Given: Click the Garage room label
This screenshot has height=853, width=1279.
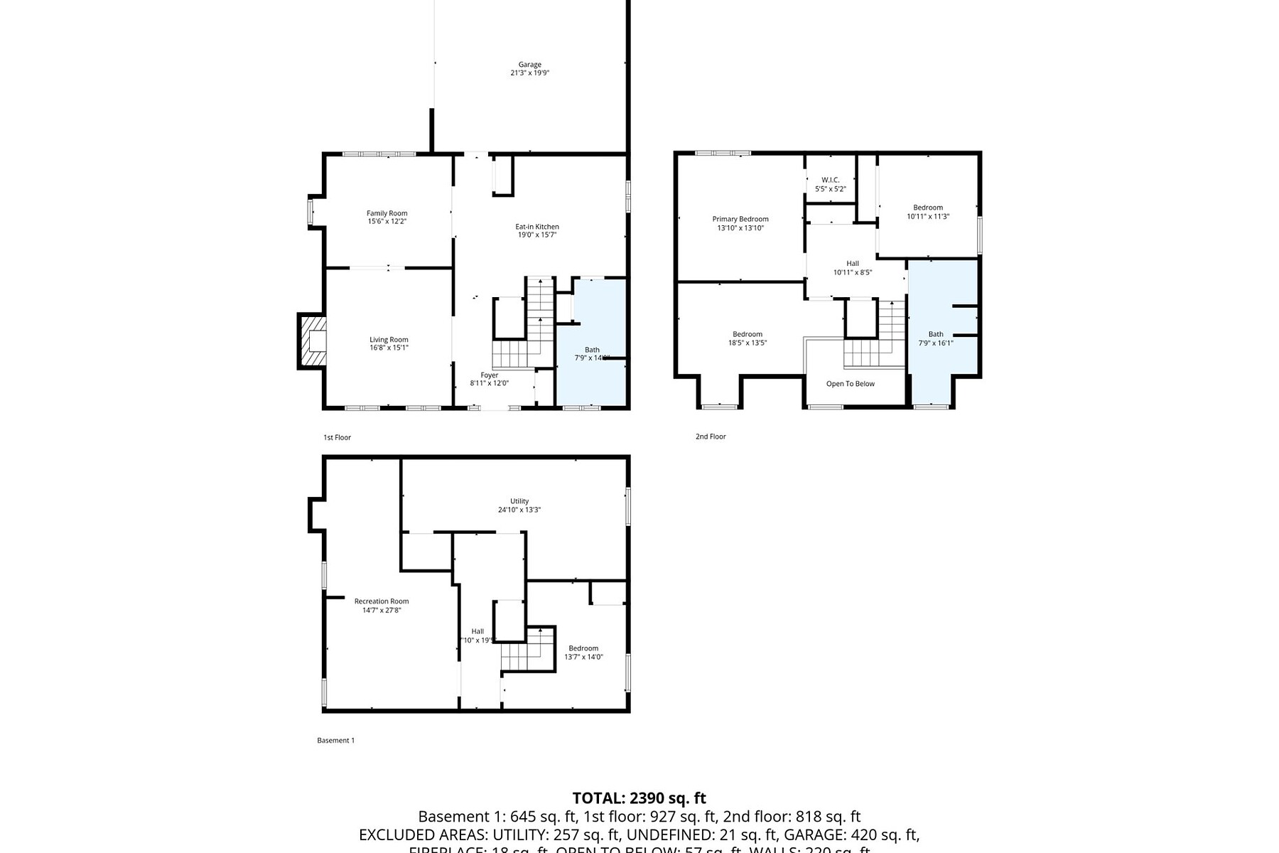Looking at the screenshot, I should pyautogui.click(x=529, y=65).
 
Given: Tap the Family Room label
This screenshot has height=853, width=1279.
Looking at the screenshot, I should pyautogui.click(x=387, y=213).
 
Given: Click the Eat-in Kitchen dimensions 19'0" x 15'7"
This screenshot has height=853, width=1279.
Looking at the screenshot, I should pyautogui.click(x=536, y=235).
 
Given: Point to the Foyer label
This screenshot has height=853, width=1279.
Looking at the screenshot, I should pyautogui.click(x=489, y=375).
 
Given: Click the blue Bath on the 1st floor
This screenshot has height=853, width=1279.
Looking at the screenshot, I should pyautogui.click(x=591, y=350).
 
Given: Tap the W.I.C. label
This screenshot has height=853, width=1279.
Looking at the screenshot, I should pyautogui.click(x=830, y=181).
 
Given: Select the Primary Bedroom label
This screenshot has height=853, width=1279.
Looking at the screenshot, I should pyautogui.click(x=740, y=220).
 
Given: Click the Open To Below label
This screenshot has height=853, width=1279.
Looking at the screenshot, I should pyautogui.click(x=850, y=384).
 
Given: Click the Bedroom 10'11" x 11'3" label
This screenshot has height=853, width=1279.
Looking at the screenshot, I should pyautogui.click(x=927, y=208).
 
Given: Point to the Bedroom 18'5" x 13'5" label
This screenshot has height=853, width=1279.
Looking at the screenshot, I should pyautogui.click(x=747, y=335).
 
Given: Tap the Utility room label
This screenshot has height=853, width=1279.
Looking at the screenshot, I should pyautogui.click(x=519, y=501).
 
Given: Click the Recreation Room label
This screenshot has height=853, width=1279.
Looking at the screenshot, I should pyautogui.click(x=382, y=601).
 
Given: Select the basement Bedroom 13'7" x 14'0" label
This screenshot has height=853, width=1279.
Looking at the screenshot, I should pyautogui.click(x=583, y=648).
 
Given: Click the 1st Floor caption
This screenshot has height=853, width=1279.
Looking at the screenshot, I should pyautogui.click(x=337, y=438).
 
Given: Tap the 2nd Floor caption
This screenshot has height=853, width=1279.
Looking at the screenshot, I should pyautogui.click(x=710, y=436).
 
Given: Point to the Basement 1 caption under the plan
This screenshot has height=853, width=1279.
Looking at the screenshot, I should pyautogui.click(x=335, y=741).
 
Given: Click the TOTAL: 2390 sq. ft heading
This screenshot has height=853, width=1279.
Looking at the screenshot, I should pyautogui.click(x=639, y=798).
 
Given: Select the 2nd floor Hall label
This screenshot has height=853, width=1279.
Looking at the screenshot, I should pyautogui.click(x=852, y=264).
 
